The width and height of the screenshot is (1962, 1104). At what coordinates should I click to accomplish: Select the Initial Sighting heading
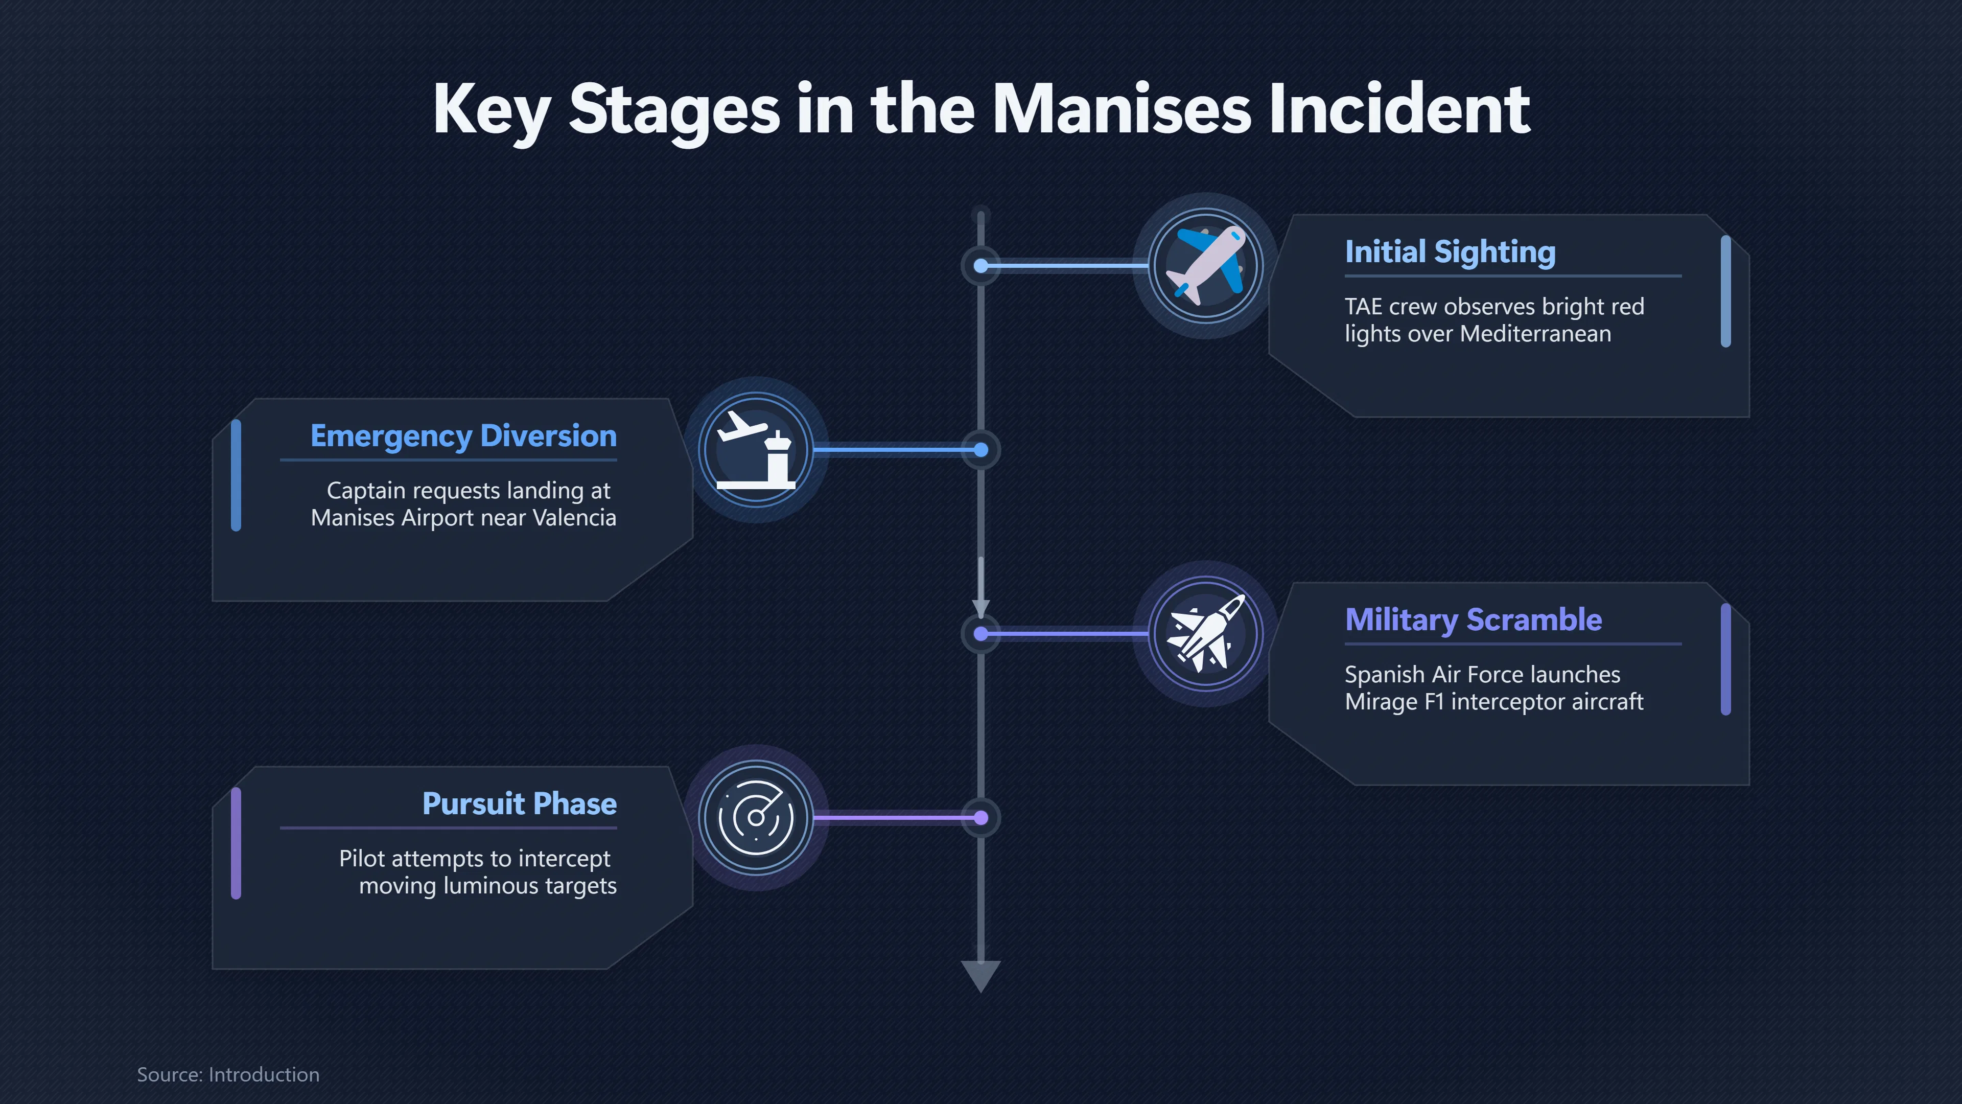1450,252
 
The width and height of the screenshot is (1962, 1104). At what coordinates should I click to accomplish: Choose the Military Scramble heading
1474,619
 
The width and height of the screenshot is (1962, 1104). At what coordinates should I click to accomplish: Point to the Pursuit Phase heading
520,804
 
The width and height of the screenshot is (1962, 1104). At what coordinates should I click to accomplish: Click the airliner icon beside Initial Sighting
1206,265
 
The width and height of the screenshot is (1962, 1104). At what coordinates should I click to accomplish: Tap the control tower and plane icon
756,450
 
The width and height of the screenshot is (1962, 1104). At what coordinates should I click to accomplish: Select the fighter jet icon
1206,633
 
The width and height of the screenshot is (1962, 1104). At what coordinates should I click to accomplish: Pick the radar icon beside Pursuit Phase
756,818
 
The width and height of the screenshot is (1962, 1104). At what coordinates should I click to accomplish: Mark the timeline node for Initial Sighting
981,266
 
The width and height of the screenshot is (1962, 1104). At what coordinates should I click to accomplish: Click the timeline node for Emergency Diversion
981,450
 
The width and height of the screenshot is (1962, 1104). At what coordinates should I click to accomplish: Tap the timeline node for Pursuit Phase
981,818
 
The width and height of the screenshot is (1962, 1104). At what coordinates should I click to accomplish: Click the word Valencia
574,518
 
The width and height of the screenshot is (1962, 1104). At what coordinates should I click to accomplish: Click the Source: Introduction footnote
228,1074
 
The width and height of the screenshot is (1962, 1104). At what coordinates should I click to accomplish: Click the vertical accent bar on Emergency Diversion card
236,475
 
